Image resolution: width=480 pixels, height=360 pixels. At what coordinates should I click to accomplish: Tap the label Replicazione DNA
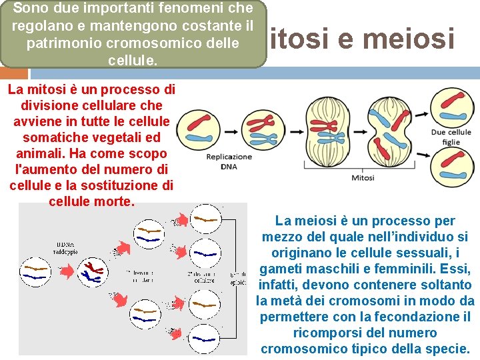click(x=229, y=161)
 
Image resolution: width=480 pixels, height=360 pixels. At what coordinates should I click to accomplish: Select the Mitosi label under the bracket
click(x=363, y=177)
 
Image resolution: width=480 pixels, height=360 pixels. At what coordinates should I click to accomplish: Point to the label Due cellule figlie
click(x=451, y=137)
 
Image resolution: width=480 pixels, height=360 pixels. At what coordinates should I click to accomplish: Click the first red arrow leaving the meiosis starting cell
click(x=67, y=271)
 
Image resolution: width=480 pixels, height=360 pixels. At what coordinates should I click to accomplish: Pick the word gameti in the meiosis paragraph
click(x=280, y=269)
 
